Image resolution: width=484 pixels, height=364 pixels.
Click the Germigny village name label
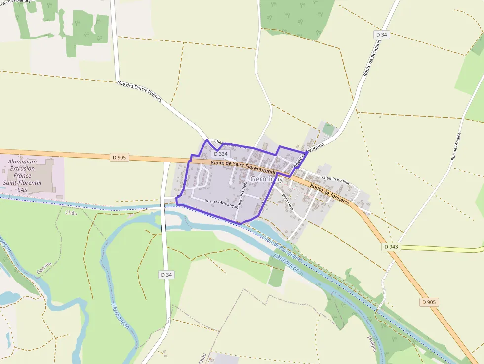[266, 179]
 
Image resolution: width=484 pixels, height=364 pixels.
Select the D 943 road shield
[390, 246]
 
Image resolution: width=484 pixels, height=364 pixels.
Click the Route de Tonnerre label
[329, 195]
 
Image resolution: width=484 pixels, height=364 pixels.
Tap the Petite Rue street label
[287, 202]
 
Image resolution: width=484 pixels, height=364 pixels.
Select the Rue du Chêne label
[242, 193]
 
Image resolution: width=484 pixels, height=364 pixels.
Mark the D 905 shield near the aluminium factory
[119, 158]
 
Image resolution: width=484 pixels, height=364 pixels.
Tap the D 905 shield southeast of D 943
[429, 302]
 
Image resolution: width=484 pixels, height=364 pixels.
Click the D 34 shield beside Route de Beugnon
[381, 35]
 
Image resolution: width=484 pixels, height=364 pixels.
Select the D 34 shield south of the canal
[166, 274]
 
